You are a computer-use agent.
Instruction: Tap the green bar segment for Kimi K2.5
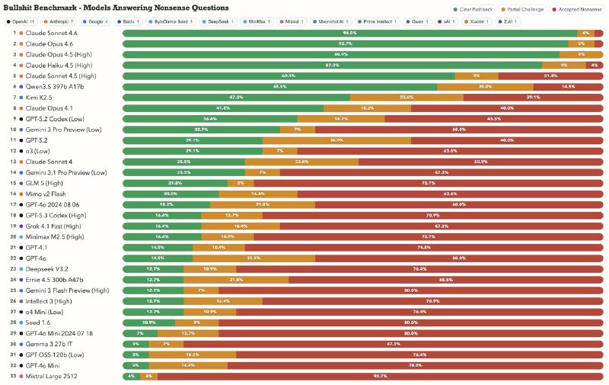(236, 98)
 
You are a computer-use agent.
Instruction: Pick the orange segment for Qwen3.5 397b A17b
(485, 87)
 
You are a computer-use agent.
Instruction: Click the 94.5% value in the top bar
(350, 34)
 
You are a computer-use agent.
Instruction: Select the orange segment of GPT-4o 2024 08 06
(261, 205)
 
